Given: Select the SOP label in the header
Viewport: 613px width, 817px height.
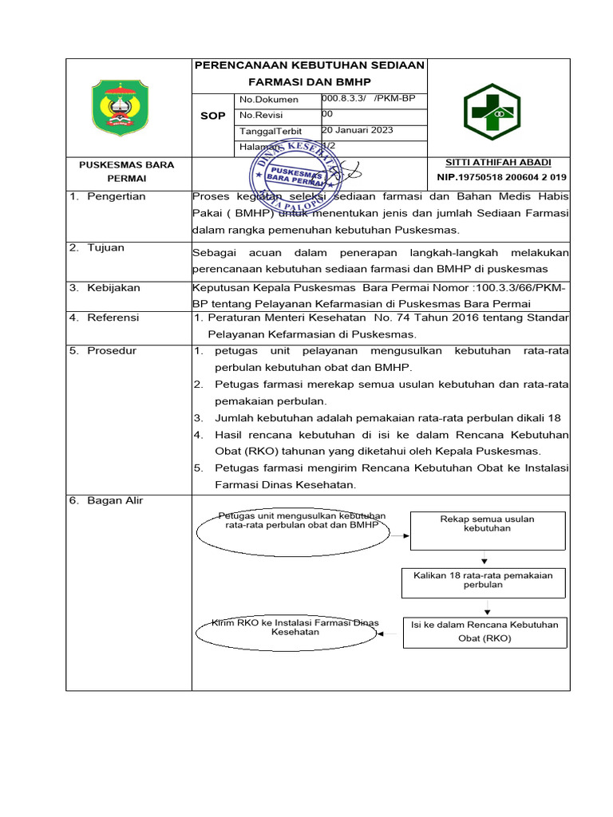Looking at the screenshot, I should (212, 116).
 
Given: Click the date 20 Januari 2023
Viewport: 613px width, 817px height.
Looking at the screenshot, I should (357, 130).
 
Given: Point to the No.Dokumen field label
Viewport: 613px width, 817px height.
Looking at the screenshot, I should (269, 100).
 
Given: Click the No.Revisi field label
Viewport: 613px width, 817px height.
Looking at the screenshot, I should (263, 115).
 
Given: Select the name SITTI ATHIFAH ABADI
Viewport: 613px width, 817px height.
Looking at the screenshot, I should (498, 162).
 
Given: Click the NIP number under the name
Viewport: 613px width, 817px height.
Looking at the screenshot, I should (501, 177).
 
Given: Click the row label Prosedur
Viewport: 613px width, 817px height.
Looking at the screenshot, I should (112, 350).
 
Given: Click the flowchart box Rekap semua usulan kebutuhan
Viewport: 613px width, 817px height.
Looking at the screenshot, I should (487, 524).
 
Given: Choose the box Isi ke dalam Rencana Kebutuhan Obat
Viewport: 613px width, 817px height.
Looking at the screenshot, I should (484, 632).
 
